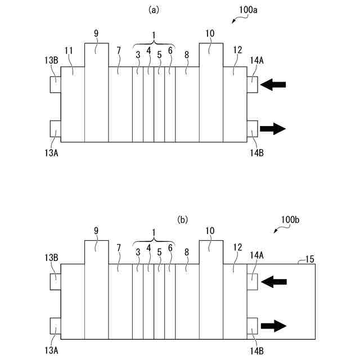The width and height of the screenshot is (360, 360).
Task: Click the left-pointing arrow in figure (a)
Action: pyautogui.click(x=274, y=85)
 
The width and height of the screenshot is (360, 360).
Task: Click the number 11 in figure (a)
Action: pyautogui.click(x=69, y=51)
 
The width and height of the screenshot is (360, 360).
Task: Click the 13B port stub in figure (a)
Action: pyautogui.click(x=55, y=85)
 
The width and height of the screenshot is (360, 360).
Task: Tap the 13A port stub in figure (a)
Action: pyautogui.click(x=55, y=129)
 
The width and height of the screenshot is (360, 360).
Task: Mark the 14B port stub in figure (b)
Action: pyautogui.click(x=252, y=325)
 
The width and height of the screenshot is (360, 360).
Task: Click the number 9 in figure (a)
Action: pyautogui.click(x=96, y=34)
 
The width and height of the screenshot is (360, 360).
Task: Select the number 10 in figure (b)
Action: pyautogui.click(x=209, y=231)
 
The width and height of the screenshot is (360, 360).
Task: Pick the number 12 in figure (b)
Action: pyautogui.click(x=237, y=247)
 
